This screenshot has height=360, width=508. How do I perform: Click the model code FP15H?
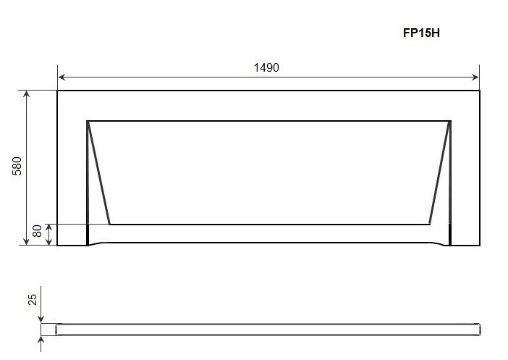tap(421, 33)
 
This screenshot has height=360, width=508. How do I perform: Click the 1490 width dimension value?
tap(266, 67)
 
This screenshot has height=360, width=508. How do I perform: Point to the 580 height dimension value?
tap(17, 166)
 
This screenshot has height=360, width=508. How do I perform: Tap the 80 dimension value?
tap(37, 231)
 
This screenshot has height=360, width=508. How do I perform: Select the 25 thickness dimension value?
tap(33, 299)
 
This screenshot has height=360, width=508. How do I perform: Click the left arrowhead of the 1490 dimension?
tap(62, 78)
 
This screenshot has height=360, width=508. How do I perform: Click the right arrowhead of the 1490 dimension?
tap(475, 78)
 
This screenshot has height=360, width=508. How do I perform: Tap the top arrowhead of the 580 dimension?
tap(26, 94)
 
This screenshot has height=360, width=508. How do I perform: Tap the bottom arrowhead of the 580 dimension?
tap(26, 241)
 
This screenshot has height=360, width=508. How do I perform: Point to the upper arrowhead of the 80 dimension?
tap(48, 227)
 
